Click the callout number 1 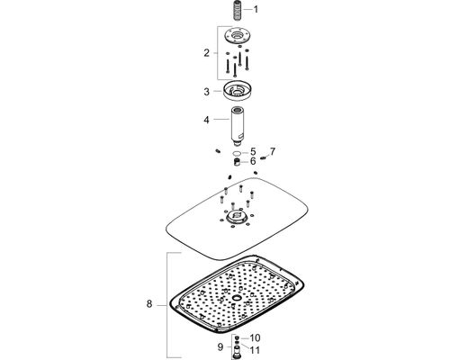256,10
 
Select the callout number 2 206,53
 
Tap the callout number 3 206,92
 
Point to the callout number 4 206,120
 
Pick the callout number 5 253,152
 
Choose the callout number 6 253,161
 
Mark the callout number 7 272,151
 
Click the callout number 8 149,304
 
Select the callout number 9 220,347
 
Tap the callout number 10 255,338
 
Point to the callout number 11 255,350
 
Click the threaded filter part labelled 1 238,10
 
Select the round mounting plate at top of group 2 238,35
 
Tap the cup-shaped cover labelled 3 237,89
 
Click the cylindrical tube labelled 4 237,124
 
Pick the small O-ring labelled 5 237,153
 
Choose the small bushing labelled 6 237,162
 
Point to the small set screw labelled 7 264,158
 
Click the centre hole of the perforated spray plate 237,298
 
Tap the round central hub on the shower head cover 237,217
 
